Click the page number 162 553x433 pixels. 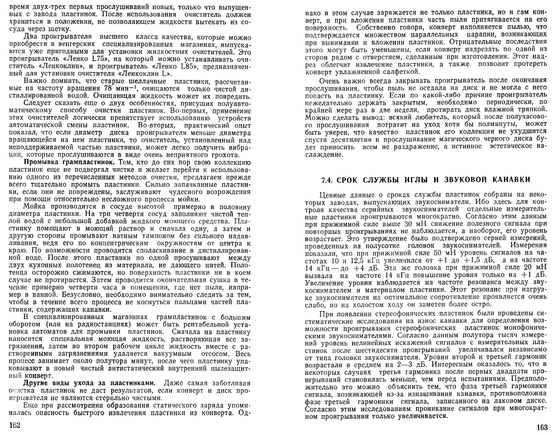tap(15, 425)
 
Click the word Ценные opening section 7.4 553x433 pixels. tap(333, 195)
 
